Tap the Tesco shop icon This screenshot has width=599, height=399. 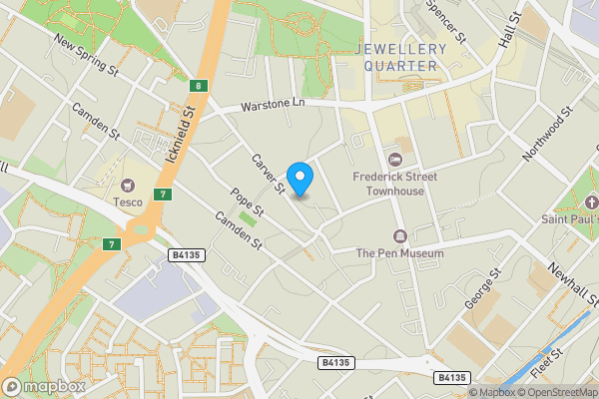[128, 185]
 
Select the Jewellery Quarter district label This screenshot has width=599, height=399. [398, 57]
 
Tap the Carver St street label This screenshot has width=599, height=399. [269, 175]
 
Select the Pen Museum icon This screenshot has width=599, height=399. [400, 235]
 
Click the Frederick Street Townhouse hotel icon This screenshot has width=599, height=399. [394, 159]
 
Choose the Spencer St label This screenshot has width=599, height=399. [446, 20]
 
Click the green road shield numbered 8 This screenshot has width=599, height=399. [200, 87]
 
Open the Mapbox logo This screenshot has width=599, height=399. [44, 386]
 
